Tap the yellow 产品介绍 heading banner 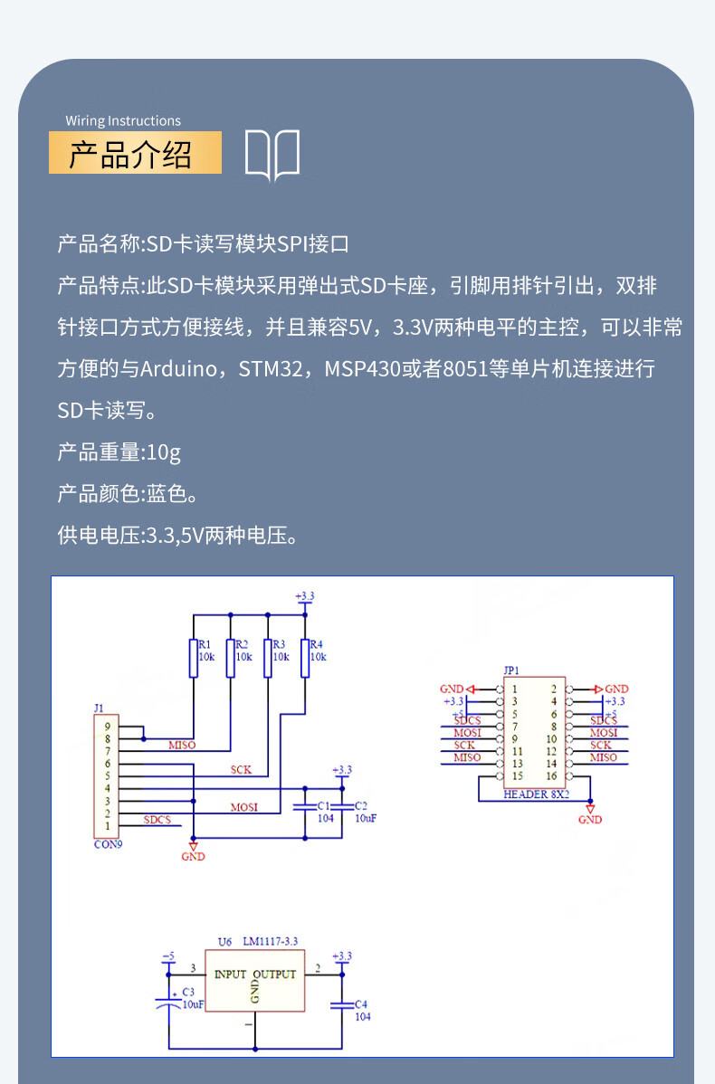coord(134,153)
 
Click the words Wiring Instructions coord(123,120)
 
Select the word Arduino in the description coord(178,369)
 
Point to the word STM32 coord(272,369)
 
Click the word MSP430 coord(362,369)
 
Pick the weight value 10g coord(164,452)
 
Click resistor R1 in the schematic coord(193,658)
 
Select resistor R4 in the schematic coord(304,658)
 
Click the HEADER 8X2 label coord(537,794)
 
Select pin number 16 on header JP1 coord(551,776)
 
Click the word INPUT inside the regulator coord(230,975)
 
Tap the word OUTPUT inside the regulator coord(274,975)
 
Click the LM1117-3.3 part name coord(271,941)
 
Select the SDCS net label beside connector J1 coord(157,820)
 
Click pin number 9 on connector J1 coord(107,726)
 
